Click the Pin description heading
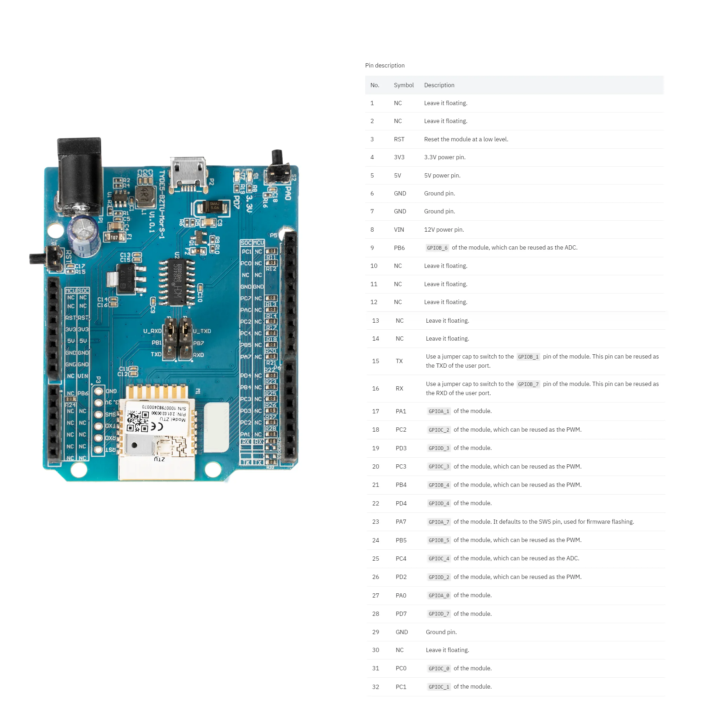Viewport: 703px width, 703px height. click(385, 65)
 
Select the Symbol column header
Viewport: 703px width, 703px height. click(404, 85)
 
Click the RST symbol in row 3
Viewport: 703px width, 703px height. click(399, 139)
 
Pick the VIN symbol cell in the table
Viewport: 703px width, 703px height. click(399, 230)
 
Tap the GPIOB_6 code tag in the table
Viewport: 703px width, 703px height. click(437, 248)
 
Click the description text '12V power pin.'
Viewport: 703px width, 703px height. click(444, 230)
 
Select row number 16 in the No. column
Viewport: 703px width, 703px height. click(375, 388)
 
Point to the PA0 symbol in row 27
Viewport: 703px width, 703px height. click(401, 595)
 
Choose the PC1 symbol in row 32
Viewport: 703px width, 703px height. click(401, 686)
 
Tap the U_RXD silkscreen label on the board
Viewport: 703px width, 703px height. click(152, 331)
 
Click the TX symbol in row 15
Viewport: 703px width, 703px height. click(399, 361)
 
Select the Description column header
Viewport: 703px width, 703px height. click(439, 85)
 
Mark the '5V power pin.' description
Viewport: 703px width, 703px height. click(442, 175)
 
